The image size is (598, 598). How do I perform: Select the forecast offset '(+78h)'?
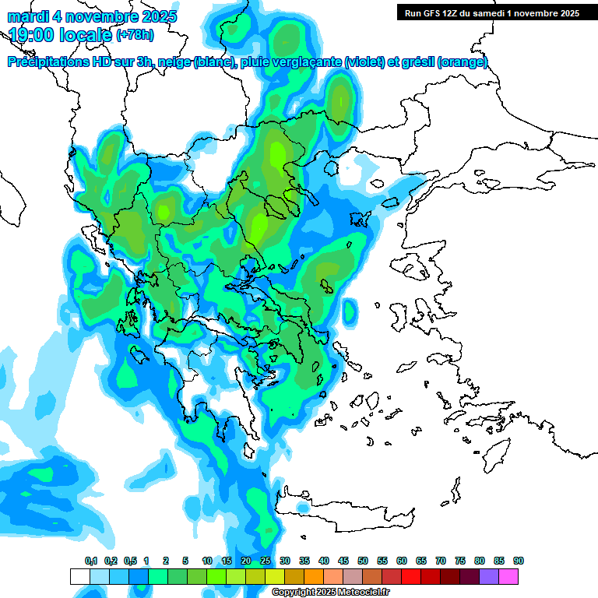[135, 35]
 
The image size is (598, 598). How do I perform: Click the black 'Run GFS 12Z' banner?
[488, 12]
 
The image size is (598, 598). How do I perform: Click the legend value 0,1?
[90, 561]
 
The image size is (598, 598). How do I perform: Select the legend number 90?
[519, 561]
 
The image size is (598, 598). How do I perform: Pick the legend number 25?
[266, 561]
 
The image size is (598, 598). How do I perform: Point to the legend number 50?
[363, 561]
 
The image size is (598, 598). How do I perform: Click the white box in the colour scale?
[80, 576]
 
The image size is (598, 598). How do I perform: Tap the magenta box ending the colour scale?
[508, 576]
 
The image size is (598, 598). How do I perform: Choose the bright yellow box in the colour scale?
[275, 576]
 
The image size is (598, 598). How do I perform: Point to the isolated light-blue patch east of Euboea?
[350, 311]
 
